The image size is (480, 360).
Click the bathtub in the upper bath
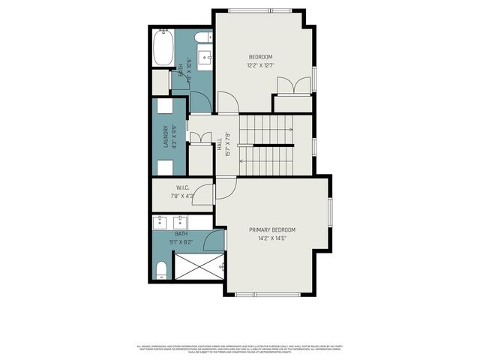163,48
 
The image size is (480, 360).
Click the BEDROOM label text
260,57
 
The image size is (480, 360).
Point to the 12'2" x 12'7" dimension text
260,65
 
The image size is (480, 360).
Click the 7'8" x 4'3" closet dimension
182,196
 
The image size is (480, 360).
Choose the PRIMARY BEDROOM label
272,230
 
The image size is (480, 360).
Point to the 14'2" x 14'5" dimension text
272,238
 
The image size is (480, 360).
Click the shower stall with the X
199,266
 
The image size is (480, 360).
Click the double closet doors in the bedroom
292,86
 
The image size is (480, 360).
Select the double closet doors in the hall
199,138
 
